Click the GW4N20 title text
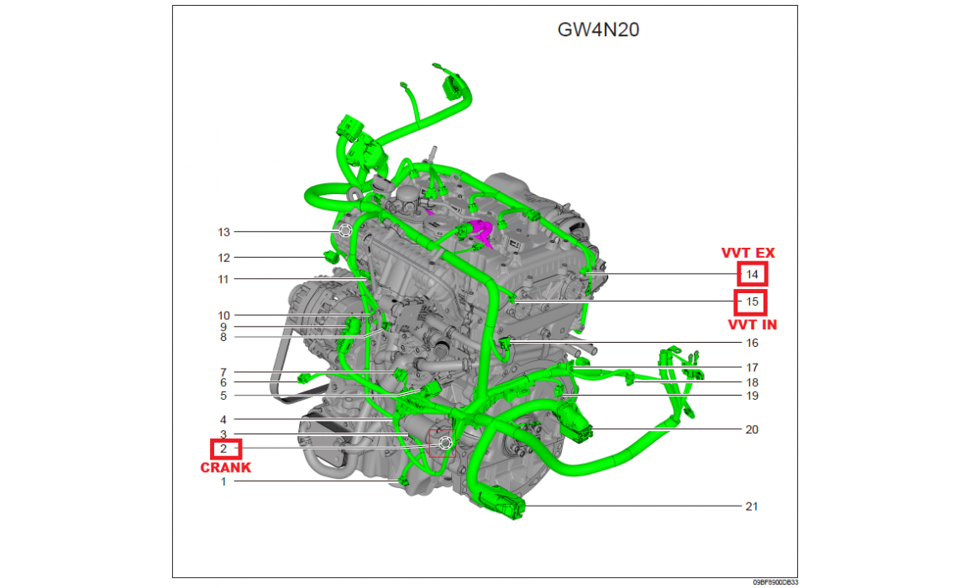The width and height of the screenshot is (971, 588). click(x=598, y=29)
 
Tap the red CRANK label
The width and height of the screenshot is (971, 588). click(x=225, y=468)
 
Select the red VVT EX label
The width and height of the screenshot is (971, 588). click(x=748, y=253)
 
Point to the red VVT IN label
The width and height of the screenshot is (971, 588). click(x=753, y=325)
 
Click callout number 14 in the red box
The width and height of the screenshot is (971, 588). click(x=752, y=275)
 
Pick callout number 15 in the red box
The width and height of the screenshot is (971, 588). click(x=752, y=302)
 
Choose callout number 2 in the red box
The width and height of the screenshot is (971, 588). click(x=223, y=449)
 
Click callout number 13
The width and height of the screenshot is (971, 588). click(x=223, y=233)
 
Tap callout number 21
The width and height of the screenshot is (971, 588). click(x=751, y=507)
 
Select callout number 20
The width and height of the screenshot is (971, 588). click(x=752, y=429)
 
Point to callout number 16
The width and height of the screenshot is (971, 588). click(x=752, y=343)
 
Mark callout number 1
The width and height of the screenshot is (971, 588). click(x=223, y=481)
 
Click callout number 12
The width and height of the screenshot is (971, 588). click(x=223, y=258)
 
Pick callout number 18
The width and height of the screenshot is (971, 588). click(x=752, y=382)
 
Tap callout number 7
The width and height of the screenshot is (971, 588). click(x=223, y=372)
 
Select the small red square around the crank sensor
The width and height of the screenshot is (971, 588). click(x=442, y=443)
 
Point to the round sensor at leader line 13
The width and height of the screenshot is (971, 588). click(x=345, y=231)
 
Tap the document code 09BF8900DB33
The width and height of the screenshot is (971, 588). click(x=775, y=582)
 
